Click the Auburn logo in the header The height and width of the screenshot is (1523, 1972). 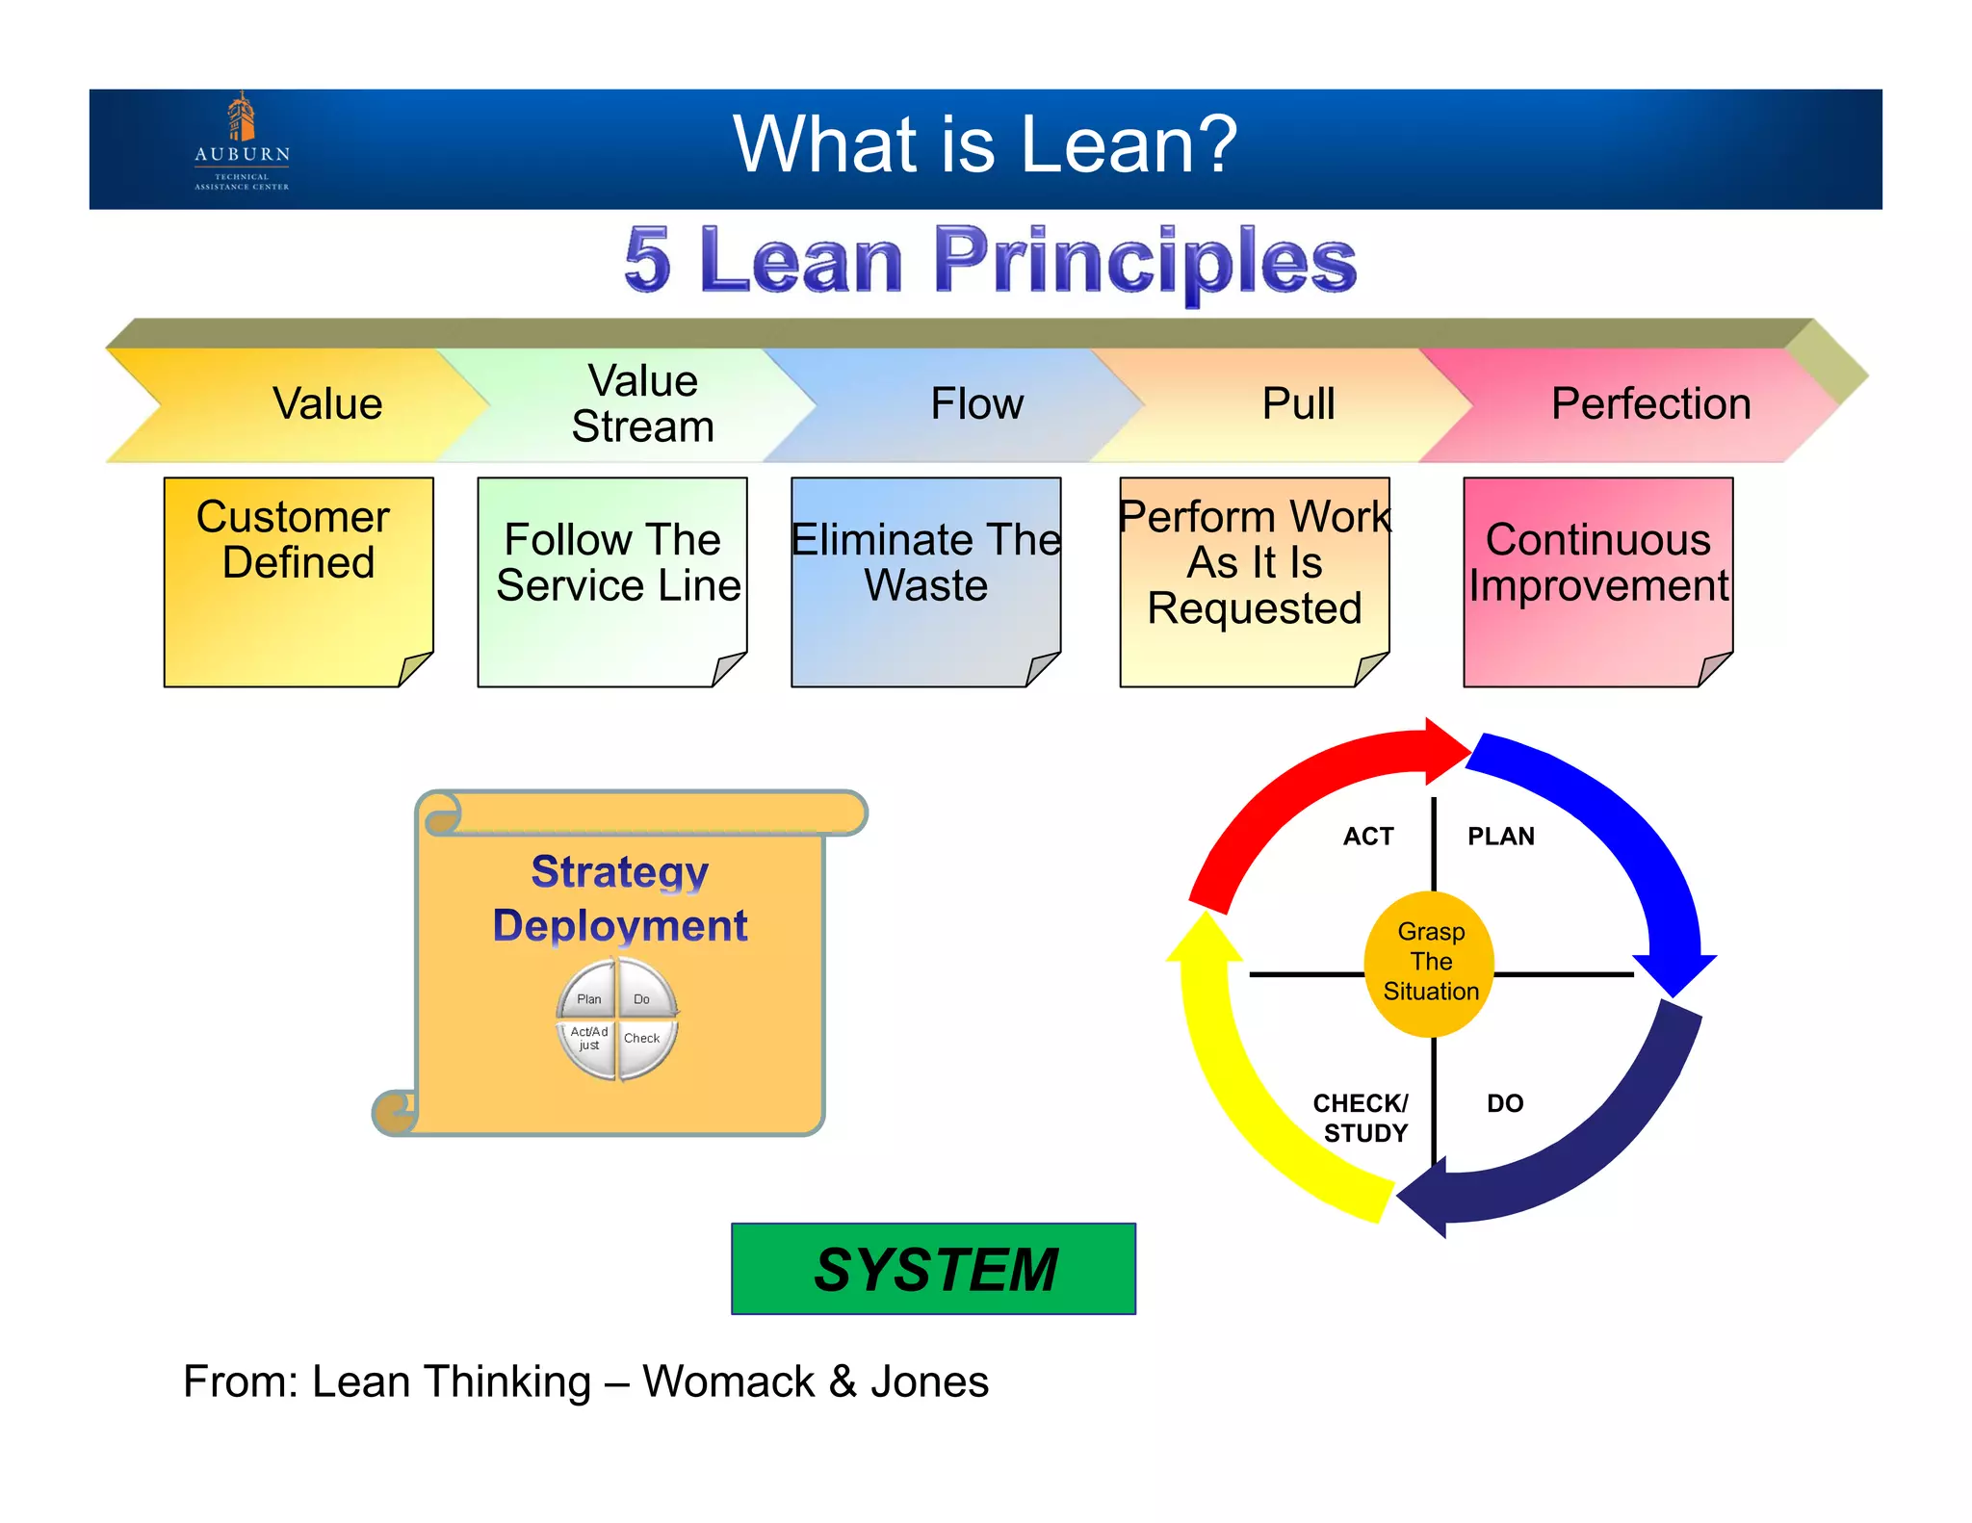coord(242,142)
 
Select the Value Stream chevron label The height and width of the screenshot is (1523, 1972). coord(642,404)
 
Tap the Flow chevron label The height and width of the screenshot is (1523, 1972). coord(976,404)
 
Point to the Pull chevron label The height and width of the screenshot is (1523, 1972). coord(1298,404)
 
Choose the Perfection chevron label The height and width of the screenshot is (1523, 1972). coord(1650,404)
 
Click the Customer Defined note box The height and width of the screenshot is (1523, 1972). coord(298,581)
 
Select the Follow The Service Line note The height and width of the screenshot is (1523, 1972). coord(612,581)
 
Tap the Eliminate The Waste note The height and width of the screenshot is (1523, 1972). coord(925,581)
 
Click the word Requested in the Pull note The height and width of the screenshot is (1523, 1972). coord(1254,608)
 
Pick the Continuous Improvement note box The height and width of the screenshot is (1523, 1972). coord(1597,581)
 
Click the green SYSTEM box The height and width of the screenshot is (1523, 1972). coord(933,1269)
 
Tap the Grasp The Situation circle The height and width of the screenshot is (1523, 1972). coord(1430,963)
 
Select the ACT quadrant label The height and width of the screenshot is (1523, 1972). coord(1367,837)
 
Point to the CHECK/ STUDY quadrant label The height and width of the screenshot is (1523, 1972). coord(1362,1118)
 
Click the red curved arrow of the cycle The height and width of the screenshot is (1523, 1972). coord(1290,799)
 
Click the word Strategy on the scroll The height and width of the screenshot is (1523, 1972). coord(619,872)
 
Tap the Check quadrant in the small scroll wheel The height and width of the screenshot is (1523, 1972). coord(642,1040)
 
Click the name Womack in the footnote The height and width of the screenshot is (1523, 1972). coord(728,1382)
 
